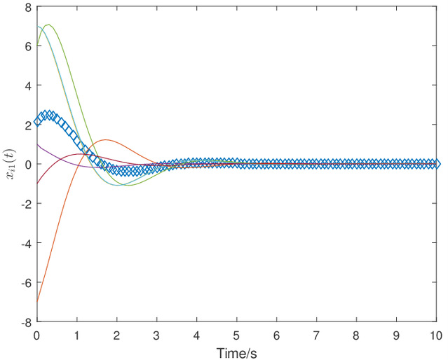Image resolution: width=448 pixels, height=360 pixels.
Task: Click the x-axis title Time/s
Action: pos(236,352)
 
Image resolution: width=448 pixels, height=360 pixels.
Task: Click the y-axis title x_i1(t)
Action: pos(9,165)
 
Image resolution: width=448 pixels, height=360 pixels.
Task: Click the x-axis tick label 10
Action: pos(435,335)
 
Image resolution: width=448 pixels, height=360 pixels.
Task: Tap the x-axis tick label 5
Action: pos(236,335)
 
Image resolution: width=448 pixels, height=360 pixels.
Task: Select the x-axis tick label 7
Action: pos(316,335)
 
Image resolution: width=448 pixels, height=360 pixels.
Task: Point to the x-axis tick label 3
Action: pos(157,335)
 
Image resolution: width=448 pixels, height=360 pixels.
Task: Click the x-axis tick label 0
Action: pos(37,335)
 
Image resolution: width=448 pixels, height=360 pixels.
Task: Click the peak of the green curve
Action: pos(48,25)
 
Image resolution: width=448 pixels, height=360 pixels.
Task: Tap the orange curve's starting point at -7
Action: pos(37,302)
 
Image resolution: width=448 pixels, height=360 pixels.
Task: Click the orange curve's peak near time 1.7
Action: pos(105,140)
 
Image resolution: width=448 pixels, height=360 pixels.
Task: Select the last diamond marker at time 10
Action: pos(435,164)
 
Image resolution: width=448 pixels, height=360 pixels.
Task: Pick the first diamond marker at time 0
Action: pos(37,122)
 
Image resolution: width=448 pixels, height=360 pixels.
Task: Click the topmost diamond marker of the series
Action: pos(48,115)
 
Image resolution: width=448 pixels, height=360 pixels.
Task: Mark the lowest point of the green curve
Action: pos(128,186)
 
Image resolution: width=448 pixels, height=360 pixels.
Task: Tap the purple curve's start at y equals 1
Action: pos(37,144)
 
